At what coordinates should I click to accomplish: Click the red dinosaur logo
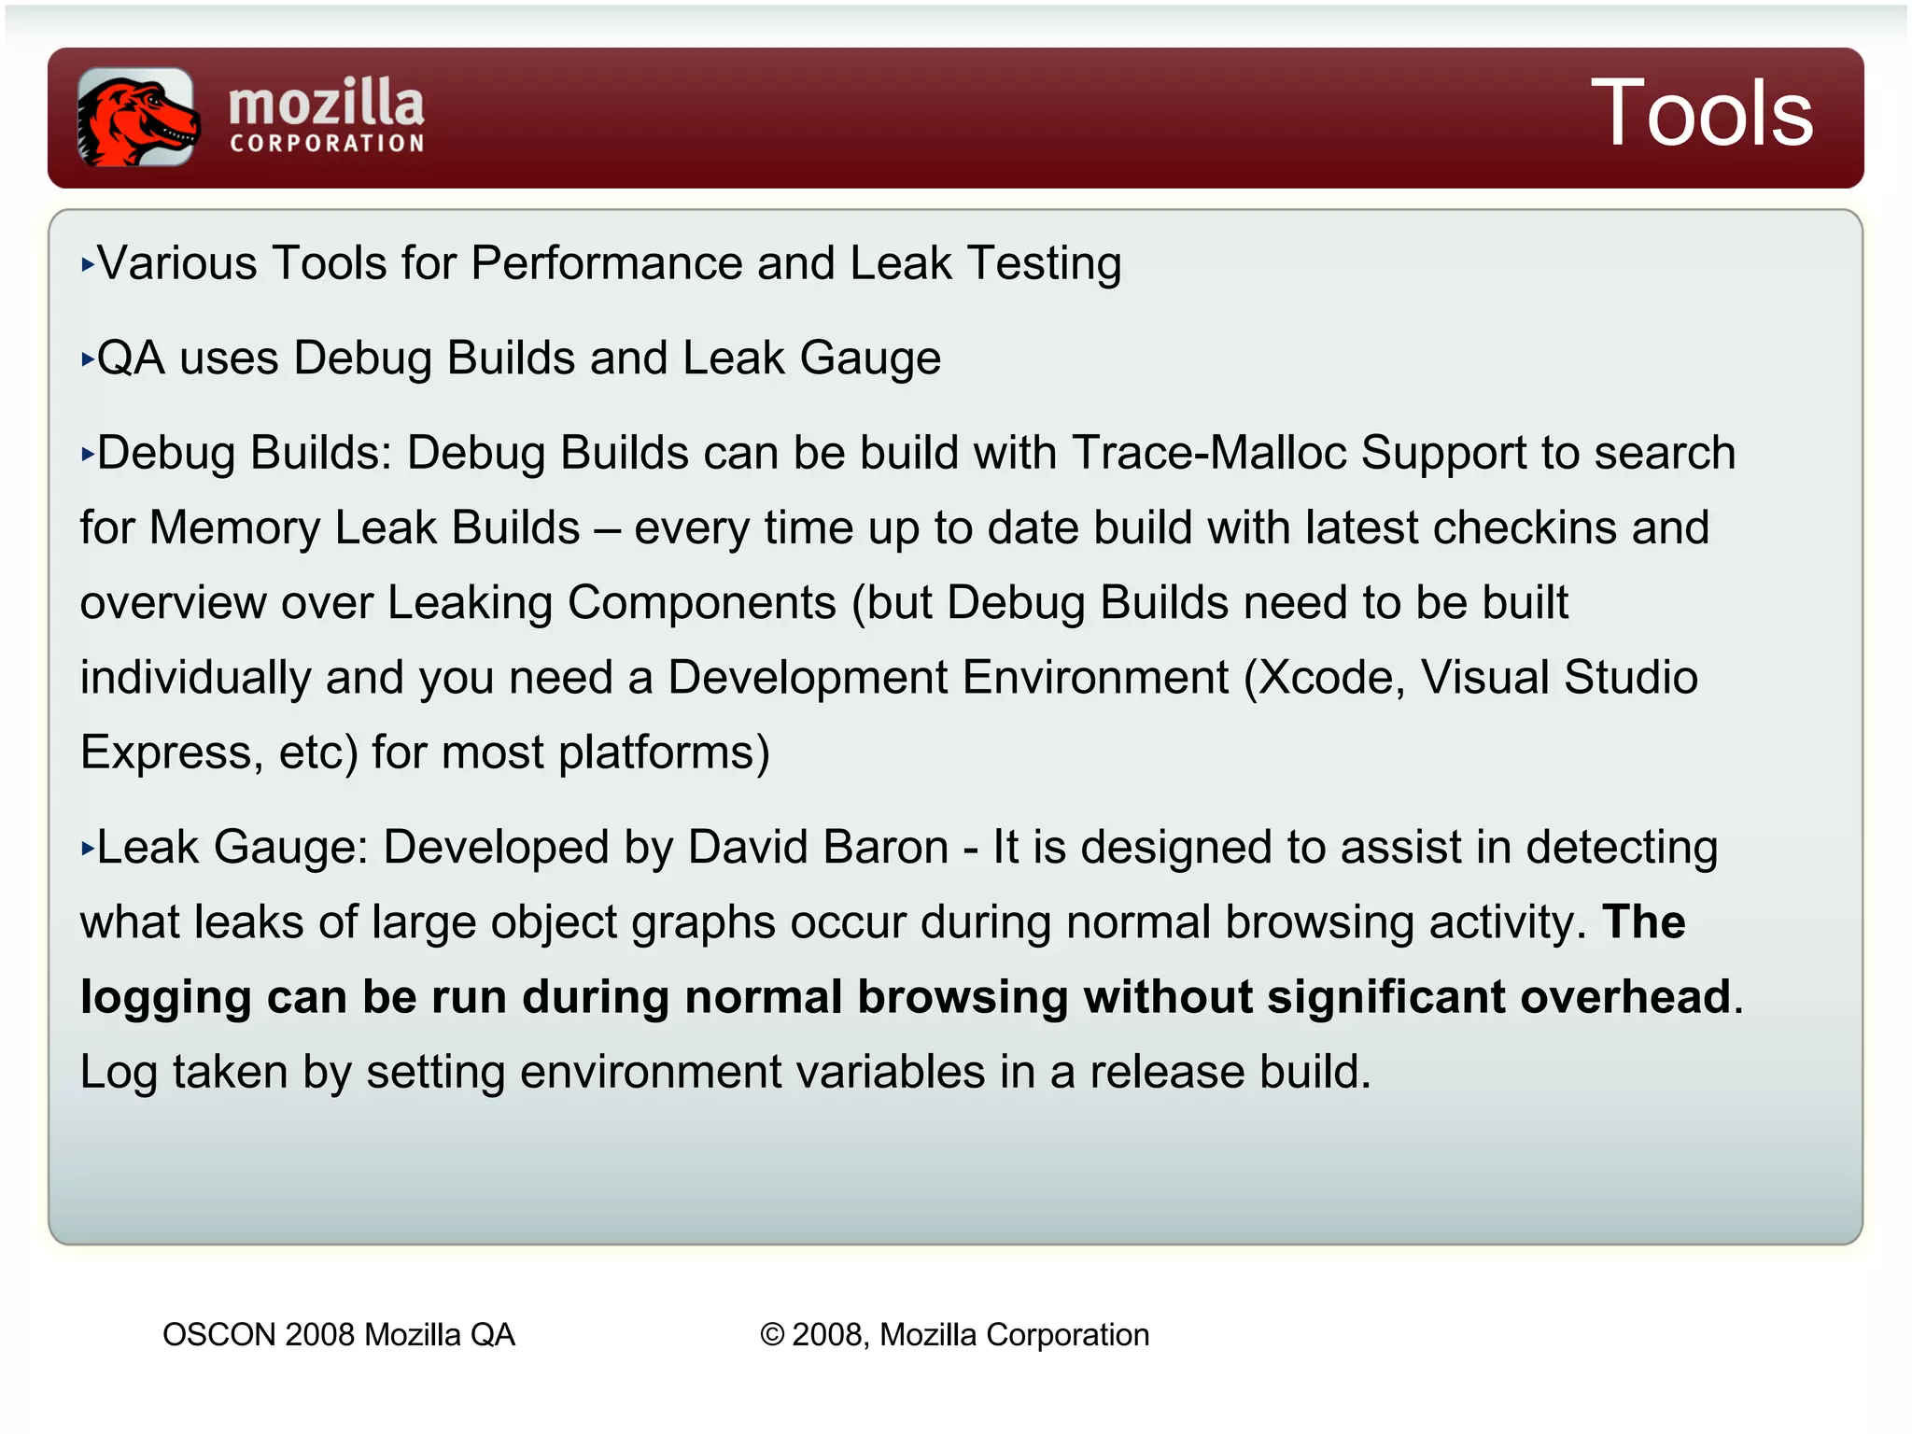point(136,118)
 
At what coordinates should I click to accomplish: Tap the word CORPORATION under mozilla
point(328,144)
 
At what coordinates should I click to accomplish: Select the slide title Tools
point(1701,114)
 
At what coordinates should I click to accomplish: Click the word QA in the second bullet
point(131,358)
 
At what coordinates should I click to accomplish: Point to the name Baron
point(886,848)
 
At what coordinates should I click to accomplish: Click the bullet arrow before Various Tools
point(88,265)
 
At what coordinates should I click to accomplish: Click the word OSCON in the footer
point(218,1335)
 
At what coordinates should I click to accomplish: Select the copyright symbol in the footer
point(771,1335)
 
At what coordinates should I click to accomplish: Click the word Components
point(702,603)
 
